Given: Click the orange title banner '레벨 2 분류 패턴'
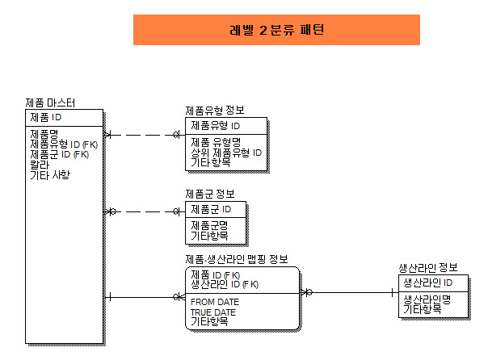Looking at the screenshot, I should coord(276,30).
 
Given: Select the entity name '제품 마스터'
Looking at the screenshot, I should coord(51,103).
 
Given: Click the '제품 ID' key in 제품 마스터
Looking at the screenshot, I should coord(46,118).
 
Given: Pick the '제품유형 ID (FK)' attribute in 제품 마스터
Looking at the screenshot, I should coord(64,144).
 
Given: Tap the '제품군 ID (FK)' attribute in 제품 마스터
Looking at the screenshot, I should coord(59,153).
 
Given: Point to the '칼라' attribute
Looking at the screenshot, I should coord(40,164).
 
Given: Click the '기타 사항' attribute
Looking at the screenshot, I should coord(50,174).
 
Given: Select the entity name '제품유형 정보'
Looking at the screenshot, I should coord(215,111).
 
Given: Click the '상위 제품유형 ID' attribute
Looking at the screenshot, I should coord(226,153).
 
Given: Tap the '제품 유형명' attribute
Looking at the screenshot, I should coord(216,143).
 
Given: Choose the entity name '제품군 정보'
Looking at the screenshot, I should coord(210,194).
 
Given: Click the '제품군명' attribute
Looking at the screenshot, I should coord(209,225).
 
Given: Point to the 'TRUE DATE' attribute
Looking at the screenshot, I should coord(213,312).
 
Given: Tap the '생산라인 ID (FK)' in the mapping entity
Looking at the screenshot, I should coord(224,284).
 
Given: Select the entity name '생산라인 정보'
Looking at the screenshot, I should coord(428,267).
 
